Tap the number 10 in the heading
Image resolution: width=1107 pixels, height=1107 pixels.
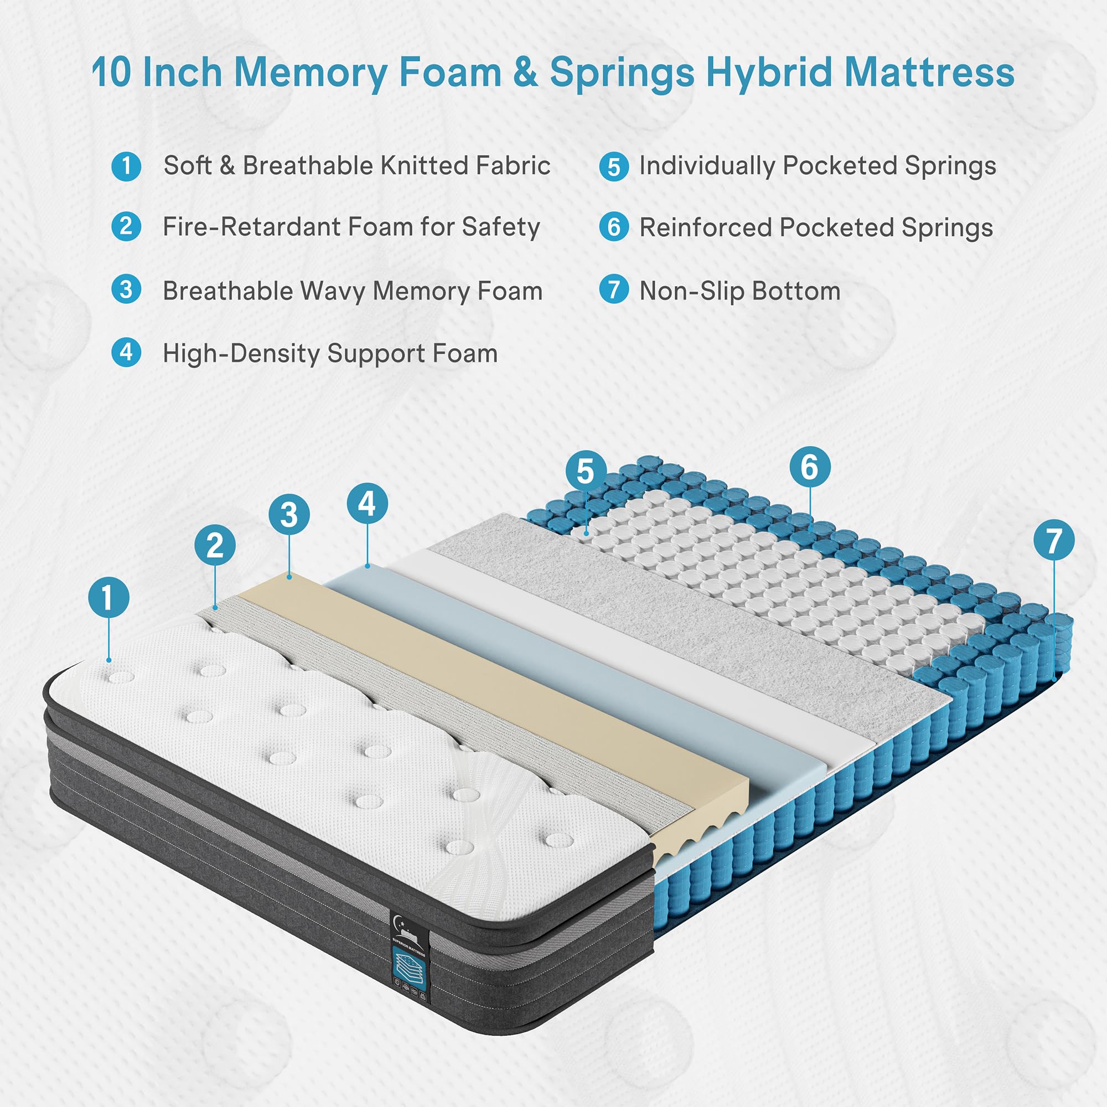[111, 74]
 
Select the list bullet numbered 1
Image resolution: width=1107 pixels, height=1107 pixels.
[126, 167]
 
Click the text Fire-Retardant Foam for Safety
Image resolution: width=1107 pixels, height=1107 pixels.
[351, 227]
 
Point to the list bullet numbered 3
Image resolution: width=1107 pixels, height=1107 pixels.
[126, 289]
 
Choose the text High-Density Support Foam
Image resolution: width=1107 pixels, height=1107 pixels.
[330, 354]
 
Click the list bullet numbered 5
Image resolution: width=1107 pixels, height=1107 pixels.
[614, 167]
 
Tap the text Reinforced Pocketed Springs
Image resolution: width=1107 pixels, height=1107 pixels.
[816, 227]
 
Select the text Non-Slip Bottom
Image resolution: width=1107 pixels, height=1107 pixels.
[739, 291]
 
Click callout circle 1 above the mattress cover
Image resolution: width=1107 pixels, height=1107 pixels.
[108, 598]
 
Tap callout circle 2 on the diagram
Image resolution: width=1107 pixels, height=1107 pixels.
[215, 545]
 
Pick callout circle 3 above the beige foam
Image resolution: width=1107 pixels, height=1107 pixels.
[289, 515]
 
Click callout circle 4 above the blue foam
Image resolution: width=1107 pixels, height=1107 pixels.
[368, 504]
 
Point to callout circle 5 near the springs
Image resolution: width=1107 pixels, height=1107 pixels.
[586, 471]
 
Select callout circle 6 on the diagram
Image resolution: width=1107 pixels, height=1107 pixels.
[810, 467]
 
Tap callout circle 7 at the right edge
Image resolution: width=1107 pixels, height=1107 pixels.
[1054, 540]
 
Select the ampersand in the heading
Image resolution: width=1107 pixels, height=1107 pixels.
[525, 74]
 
